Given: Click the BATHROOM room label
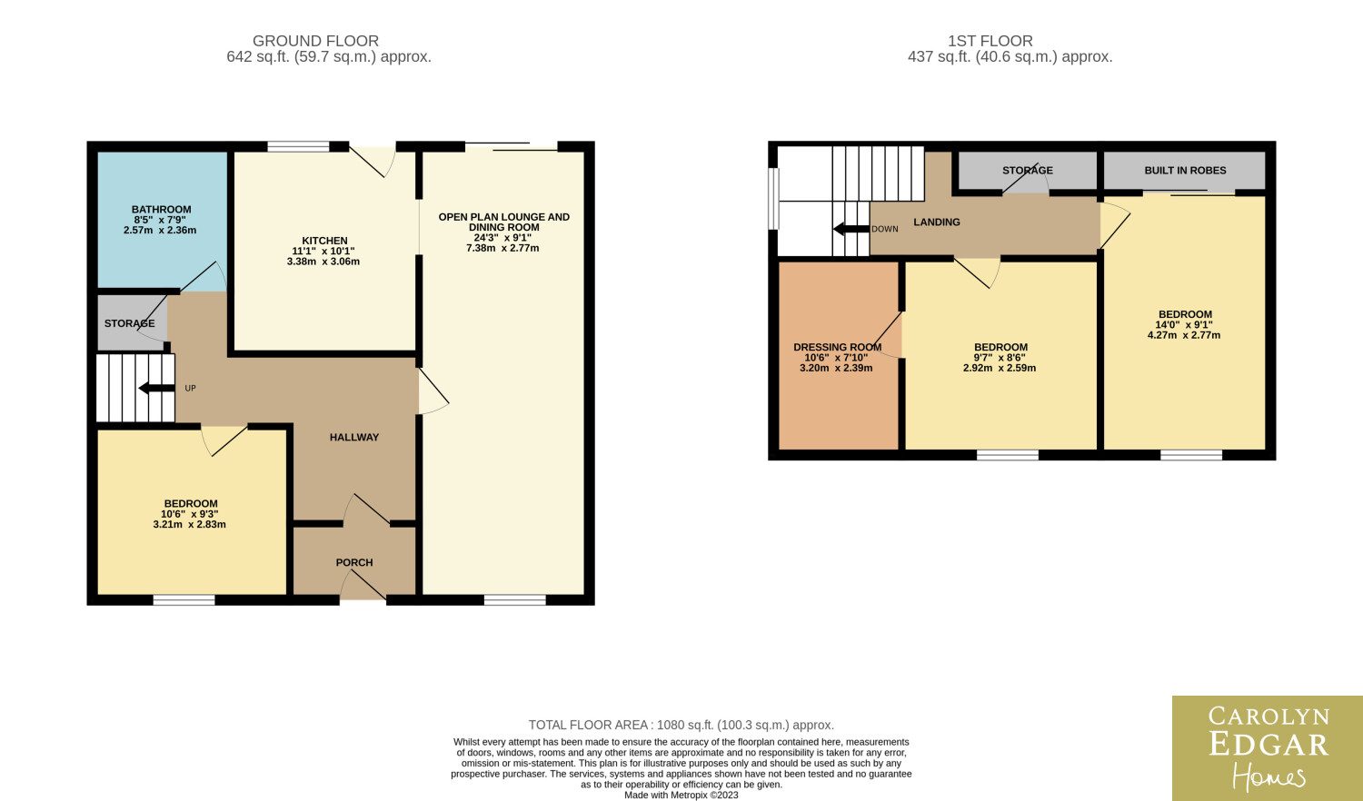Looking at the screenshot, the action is coord(161,209).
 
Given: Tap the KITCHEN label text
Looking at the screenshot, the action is coord(325,241).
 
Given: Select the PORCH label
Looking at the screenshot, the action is coord(354,562).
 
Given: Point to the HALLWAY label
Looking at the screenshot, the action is coord(354,438).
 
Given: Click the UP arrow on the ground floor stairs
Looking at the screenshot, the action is coord(157,388).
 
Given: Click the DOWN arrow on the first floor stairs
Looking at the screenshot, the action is coord(851,229).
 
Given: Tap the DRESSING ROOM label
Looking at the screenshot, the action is coord(837,347).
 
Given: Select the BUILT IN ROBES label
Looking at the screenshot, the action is coord(1185,171).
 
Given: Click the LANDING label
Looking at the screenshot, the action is coord(937,222).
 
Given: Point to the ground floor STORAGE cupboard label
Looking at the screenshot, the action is coord(130,323).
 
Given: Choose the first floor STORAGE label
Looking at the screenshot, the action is coord(1028,171).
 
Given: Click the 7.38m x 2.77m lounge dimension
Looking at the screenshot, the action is coord(502,248).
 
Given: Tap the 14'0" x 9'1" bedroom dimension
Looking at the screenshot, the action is coord(1184,325).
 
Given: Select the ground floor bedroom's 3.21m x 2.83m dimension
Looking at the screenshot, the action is coord(190,524).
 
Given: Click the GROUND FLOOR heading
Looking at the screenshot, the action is coord(316,41).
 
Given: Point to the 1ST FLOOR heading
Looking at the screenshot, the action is coord(990,41).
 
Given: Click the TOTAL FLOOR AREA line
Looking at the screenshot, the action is coord(681,725).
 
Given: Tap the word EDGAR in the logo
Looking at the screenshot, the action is coord(1268,745).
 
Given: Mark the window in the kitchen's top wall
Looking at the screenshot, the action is coord(298,146).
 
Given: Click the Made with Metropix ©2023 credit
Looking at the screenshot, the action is coord(681,795).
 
